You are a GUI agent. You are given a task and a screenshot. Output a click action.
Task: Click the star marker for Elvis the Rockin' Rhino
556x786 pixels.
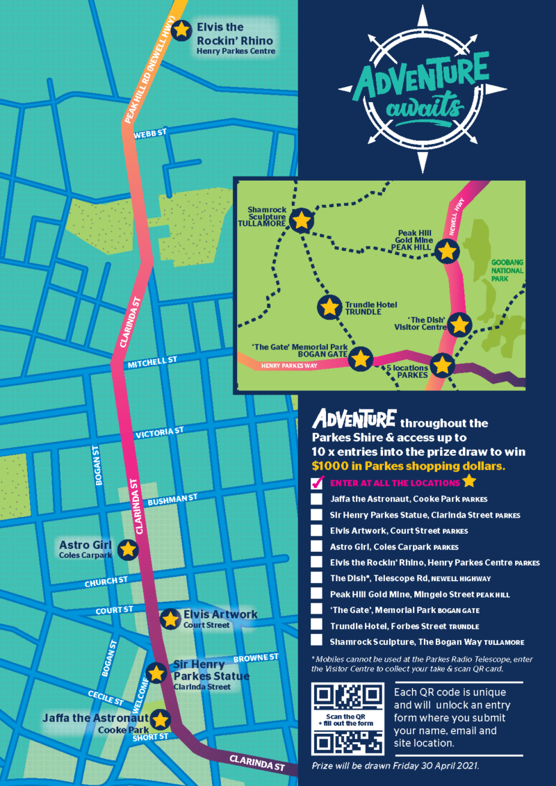point(181,30)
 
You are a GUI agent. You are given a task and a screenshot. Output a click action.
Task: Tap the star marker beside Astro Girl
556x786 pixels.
point(127,549)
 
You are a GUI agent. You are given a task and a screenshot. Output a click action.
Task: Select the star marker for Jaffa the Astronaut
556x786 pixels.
point(161,719)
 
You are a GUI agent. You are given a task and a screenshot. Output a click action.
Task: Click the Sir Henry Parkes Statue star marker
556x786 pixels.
point(157,672)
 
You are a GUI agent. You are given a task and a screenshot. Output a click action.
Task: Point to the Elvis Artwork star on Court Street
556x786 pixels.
point(169,619)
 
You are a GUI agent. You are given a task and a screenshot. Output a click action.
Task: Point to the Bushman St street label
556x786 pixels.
point(174,499)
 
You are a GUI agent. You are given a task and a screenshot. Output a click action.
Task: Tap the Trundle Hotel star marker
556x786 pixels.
point(329,306)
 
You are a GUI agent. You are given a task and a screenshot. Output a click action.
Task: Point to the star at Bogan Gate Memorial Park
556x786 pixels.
point(359,359)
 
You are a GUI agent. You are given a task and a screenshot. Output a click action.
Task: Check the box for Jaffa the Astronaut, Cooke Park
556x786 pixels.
point(317,499)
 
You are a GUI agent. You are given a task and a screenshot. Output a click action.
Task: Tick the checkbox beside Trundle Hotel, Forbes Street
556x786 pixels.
point(317,625)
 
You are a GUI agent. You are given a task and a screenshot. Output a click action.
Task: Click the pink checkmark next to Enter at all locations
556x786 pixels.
point(318,482)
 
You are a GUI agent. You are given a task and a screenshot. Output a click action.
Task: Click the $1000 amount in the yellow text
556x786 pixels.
point(332,465)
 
